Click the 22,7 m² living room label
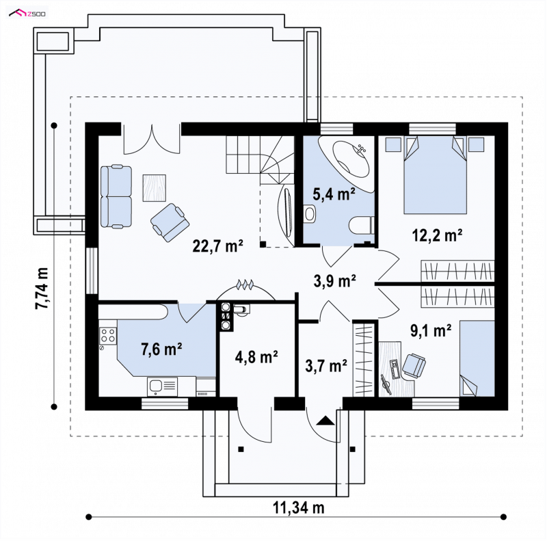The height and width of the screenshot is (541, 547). (x=217, y=246)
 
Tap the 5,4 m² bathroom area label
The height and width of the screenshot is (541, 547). (x=334, y=194)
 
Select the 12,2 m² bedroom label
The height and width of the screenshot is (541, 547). (x=437, y=235)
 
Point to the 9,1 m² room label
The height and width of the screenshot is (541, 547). (x=431, y=330)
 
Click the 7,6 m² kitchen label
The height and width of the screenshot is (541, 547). (x=161, y=349)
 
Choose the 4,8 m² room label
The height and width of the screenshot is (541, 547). (x=256, y=357)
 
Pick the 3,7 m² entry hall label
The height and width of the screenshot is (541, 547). (x=326, y=366)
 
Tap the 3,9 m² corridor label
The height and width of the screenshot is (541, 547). (x=334, y=281)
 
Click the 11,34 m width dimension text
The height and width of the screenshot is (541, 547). (x=298, y=507)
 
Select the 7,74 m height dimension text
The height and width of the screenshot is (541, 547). (x=42, y=289)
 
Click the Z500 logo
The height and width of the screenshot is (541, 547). (x=27, y=14)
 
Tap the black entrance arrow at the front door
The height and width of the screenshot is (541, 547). (x=325, y=421)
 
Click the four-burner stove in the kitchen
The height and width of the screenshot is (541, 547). (x=108, y=335)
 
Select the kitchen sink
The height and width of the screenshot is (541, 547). (x=162, y=386)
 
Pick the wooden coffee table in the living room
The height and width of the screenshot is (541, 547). (x=155, y=188)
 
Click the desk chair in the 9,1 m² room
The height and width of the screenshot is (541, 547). (x=414, y=365)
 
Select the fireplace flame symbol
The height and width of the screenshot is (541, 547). (x=245, y=285)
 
